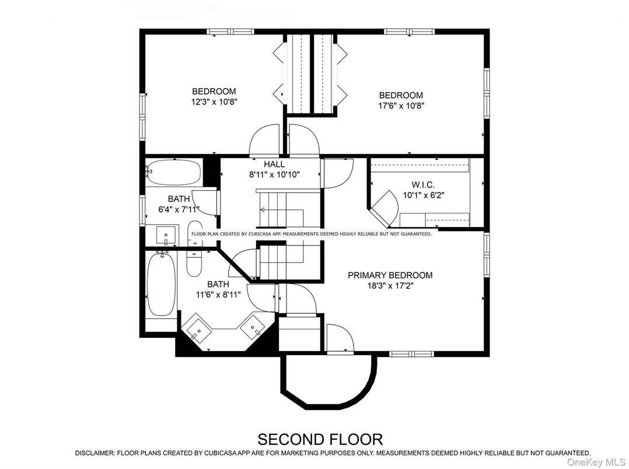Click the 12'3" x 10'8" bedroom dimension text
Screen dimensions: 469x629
(214, 101)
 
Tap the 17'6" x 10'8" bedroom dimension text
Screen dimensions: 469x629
(401, 106)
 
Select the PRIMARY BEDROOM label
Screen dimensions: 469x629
(390, 275)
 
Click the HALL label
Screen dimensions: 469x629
(274, 164)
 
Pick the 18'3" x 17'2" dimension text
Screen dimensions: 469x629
(390, 286)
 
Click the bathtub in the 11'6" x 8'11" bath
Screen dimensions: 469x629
(159, 284)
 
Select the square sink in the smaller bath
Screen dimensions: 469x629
(166, 236)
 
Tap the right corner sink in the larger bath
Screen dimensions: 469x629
(253, 327)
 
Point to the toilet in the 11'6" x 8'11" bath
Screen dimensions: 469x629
(194, 262)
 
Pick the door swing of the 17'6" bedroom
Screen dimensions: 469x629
(304, 141)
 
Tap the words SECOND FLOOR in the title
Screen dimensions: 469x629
(320, 439)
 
